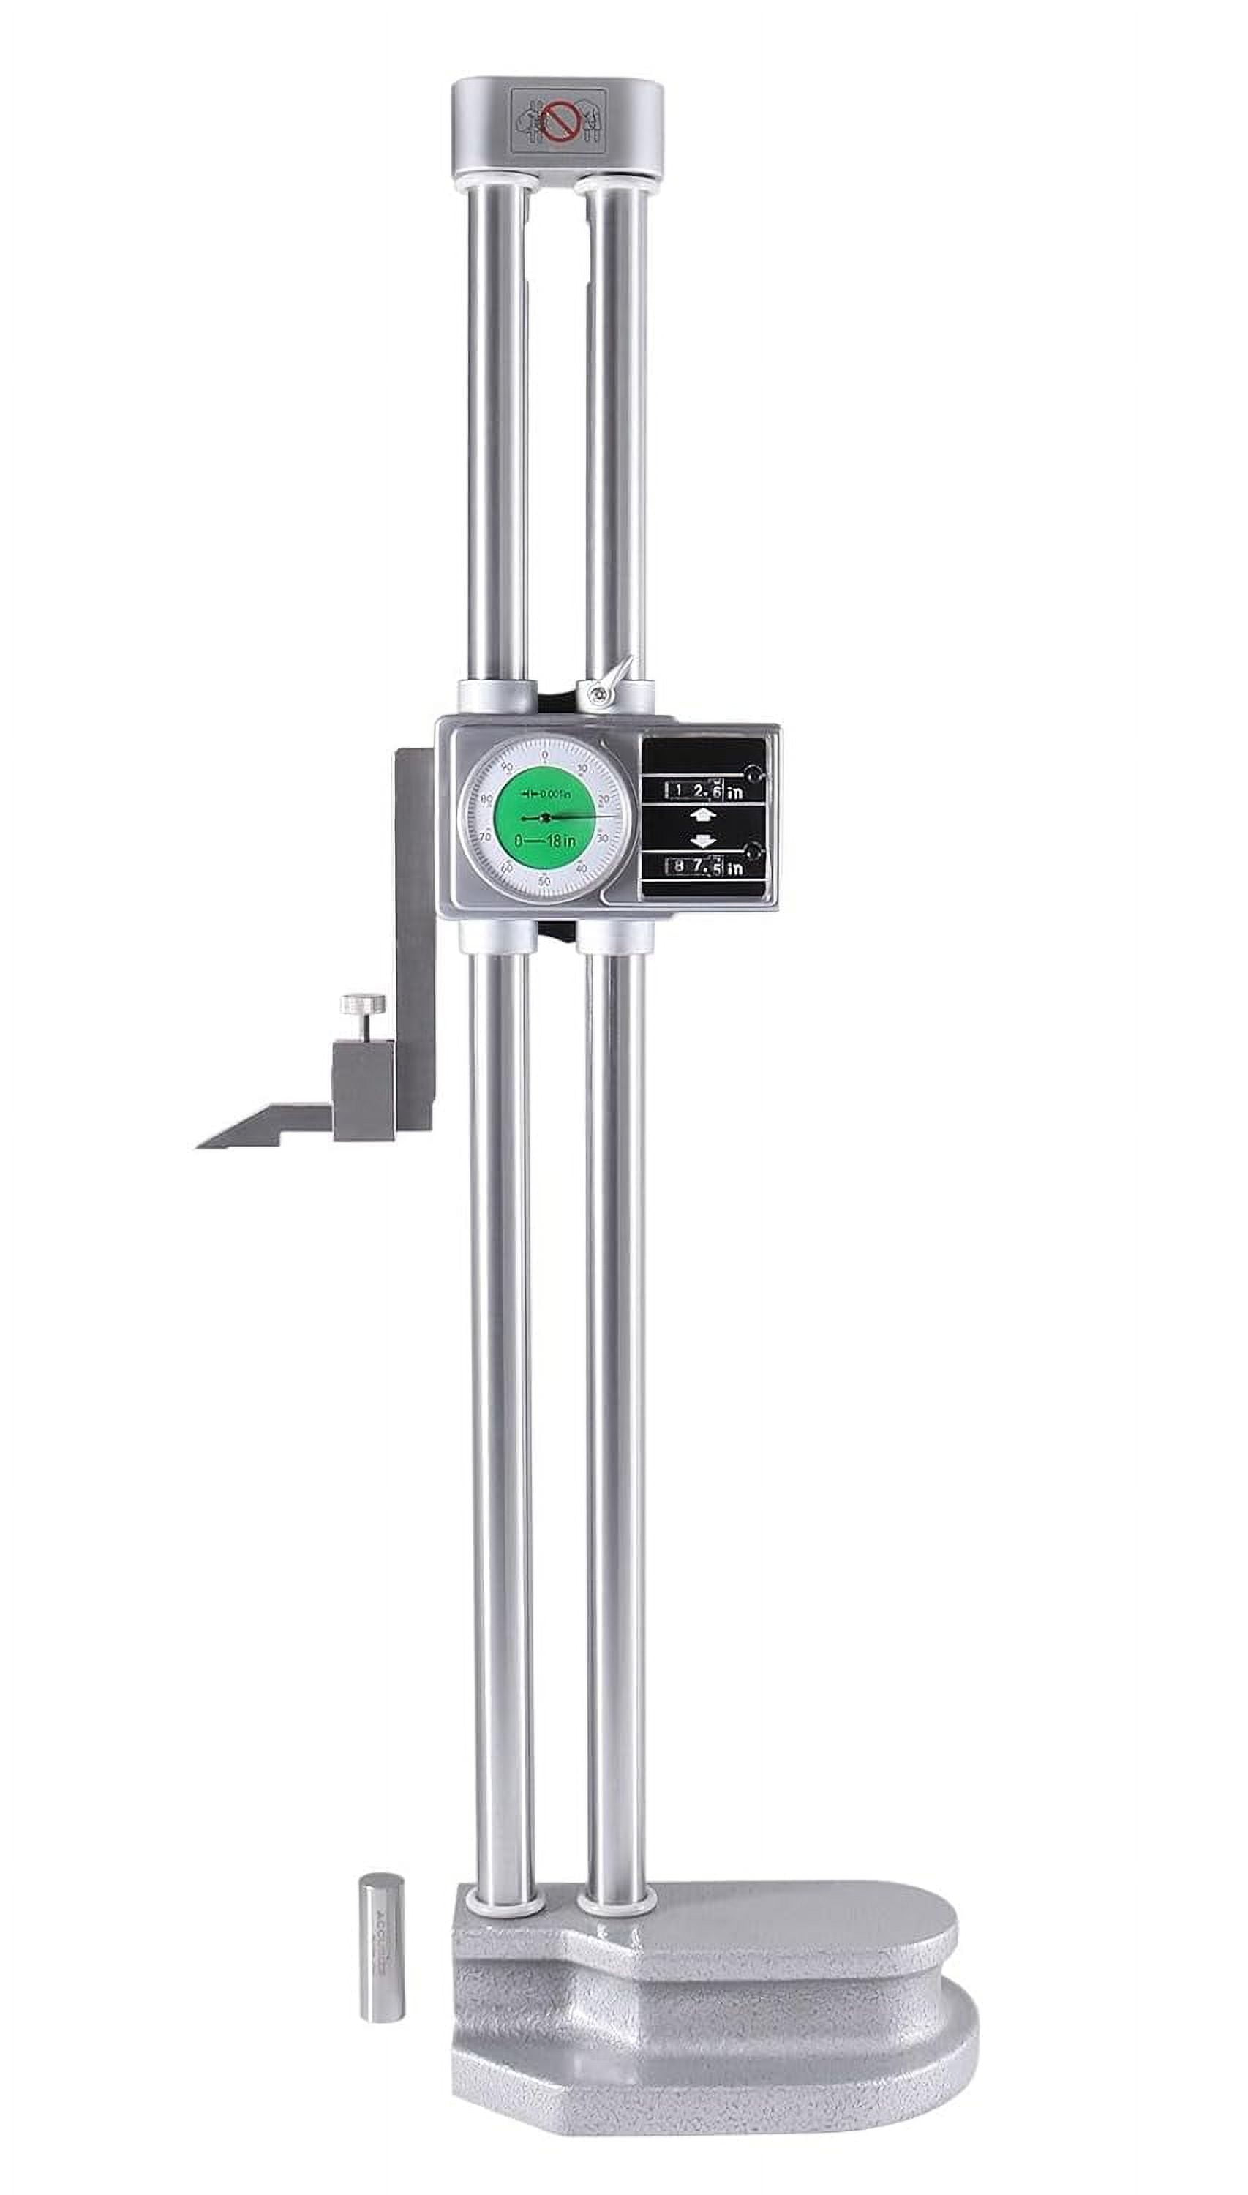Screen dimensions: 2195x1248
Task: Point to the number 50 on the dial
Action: pyautogui.click(x=544, y=881)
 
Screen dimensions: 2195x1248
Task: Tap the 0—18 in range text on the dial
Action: pyautogui.click(x=545, y=841)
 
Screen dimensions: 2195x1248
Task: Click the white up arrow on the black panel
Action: pyautogui.click(x=702, y=815)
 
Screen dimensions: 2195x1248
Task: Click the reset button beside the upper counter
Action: pyautogui.click(x=753, y=775)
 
